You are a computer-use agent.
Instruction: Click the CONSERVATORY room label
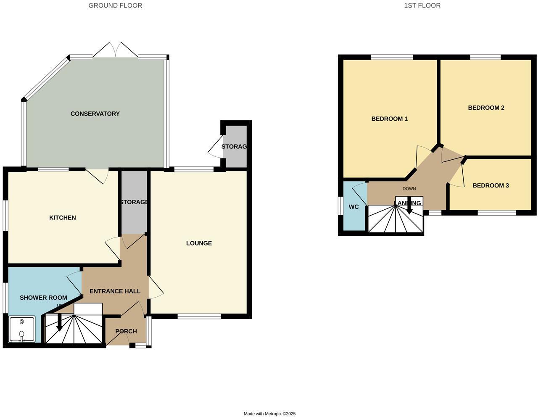pyautogui.click(x=95, y=113)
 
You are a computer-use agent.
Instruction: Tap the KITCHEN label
pyautogui.click(x=63, y=217)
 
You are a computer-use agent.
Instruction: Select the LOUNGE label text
pyautogui.click(x=199, y=243)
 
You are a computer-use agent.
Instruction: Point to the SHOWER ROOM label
pyautogui.click(x=43, y=298)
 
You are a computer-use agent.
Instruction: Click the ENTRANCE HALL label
pyautogui.click(x=115, y=291)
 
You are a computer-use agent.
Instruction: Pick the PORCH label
pyautogui.click(x=126, y=331)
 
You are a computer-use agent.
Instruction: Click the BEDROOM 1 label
pyautogui.click(x=389, y=119)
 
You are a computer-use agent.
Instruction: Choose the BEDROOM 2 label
pyautogui.click(x=486, y=108)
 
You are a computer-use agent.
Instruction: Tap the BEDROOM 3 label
pyautogui.click(x=491, y=185)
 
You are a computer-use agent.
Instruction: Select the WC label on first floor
pyautogui.click(x=353, y=207)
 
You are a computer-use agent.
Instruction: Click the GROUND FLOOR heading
pyautogui.click(x=115, y=5)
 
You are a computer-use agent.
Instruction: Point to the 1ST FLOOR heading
pyautogui.click(x=422, y=5)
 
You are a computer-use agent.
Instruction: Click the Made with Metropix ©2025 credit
pyautogui.click(x=269, y=414)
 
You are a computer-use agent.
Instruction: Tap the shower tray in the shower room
pyautogui.click(x=22, y=329)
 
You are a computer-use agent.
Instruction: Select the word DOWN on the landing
pyautogui.click(x=409, y=189)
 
